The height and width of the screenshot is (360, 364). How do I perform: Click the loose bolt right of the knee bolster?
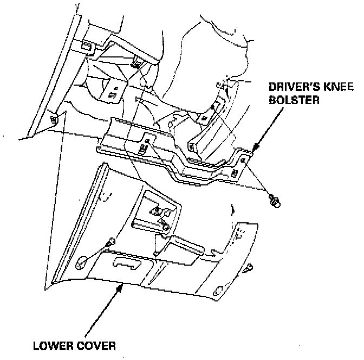click(x=275, y=202)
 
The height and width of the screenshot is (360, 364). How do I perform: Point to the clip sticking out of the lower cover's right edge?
click(x=249, y=268)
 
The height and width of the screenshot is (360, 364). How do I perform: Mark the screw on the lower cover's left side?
click(x=111, y=240)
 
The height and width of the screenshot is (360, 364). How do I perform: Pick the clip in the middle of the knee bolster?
click(x=144, y=147)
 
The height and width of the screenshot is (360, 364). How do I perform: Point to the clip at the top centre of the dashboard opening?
click(x=138, y=64)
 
